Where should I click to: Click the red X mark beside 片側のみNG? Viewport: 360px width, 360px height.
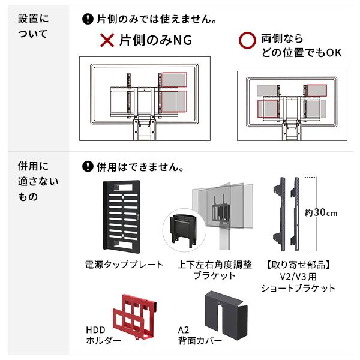coord(107,41)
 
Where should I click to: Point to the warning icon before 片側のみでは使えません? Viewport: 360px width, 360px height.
coord(88,19)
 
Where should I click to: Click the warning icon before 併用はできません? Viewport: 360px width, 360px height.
coord(88,166)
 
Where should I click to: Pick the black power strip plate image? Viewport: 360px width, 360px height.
coord(122,215)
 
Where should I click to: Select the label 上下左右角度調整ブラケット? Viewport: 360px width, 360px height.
coord(215,270)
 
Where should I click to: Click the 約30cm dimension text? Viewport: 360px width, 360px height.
coord(322,213)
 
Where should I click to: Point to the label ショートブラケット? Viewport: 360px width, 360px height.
coord(298,288)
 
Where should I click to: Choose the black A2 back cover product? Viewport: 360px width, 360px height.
coord(227,317)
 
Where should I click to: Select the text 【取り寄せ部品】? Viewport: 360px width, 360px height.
coord(299,265)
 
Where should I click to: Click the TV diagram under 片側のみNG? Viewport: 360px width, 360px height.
coord(145,98)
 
